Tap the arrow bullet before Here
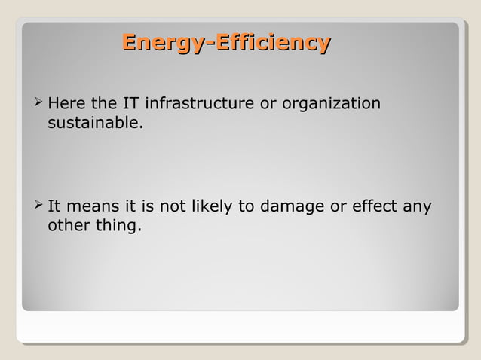pos(38,102)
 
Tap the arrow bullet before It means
pos(38,206)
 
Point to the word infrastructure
pos(199,103)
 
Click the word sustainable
pos(93,121)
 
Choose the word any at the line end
pos(417,207)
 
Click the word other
pos(69,225)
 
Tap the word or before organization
pos(268,103)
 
